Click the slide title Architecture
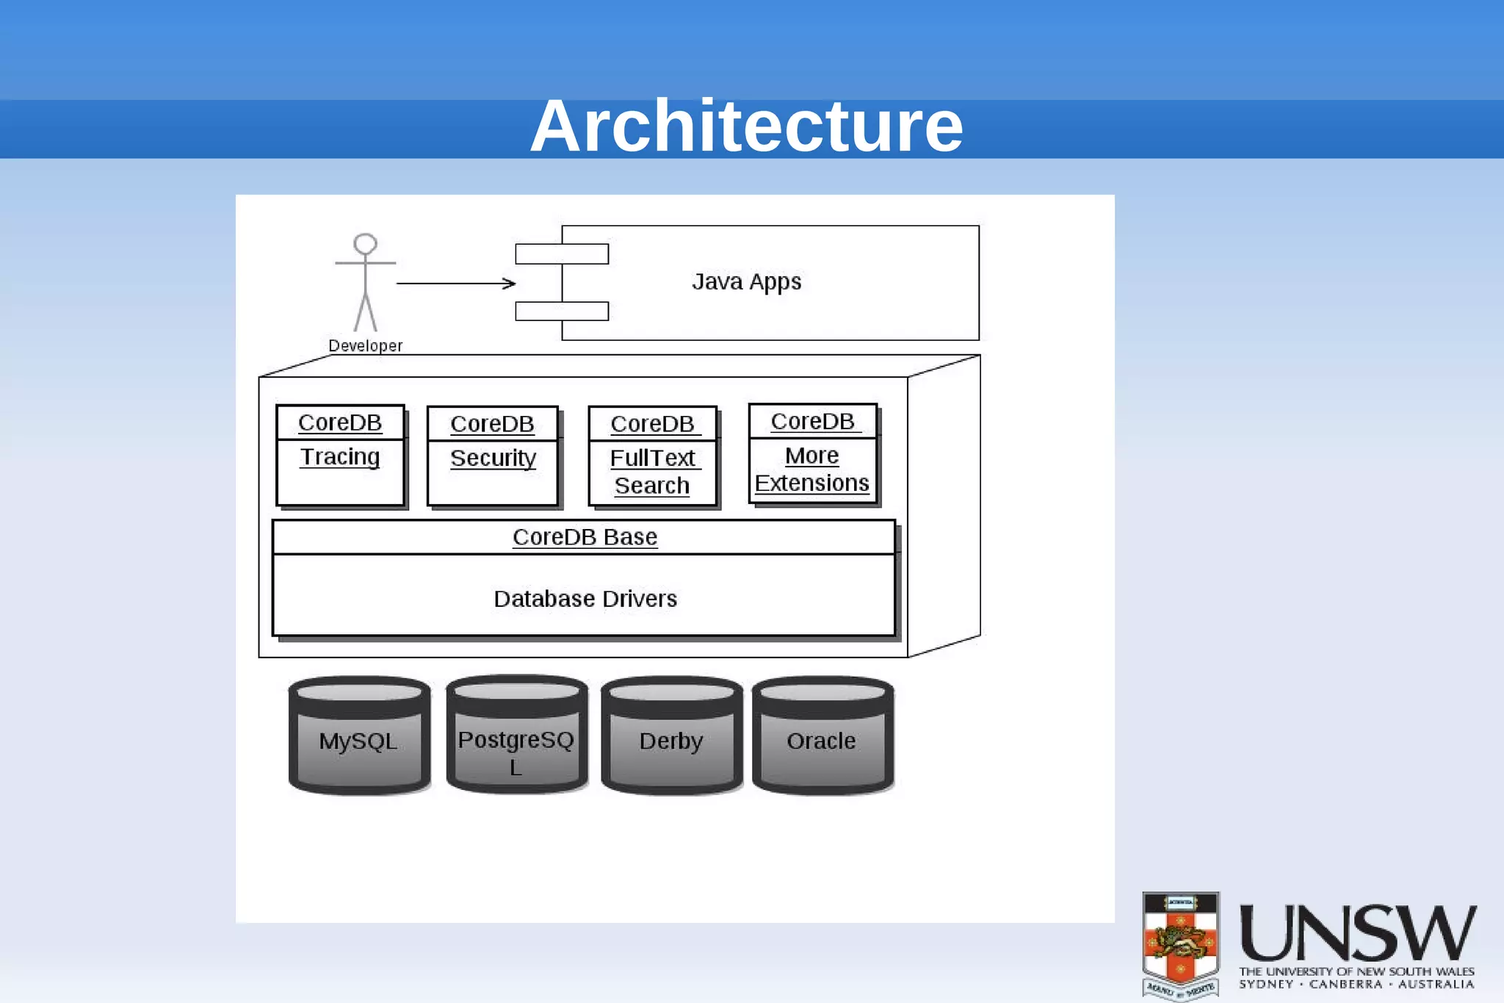point(746,126)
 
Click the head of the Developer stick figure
point(365,244)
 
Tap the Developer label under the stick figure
point(365,345)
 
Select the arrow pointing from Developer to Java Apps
point(455,283)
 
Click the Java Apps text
point(746,282)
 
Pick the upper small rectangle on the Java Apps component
point(562,254)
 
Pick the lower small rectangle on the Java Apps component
point(562,312)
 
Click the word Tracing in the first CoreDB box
point(340,457)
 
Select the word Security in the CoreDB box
point(493,459)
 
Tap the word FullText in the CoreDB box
point(652,459)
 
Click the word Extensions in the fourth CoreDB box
point(811,483)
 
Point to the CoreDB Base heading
point(585,537)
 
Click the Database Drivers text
point(585,599)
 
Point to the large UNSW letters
point(1357,933)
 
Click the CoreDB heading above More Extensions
point(812,422)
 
